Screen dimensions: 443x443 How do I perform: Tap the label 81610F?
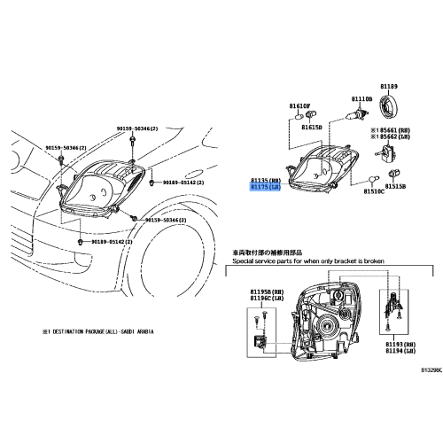(299, 106)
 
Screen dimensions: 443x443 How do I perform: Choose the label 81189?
(390, 86)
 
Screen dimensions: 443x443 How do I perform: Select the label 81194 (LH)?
(400, 351)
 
